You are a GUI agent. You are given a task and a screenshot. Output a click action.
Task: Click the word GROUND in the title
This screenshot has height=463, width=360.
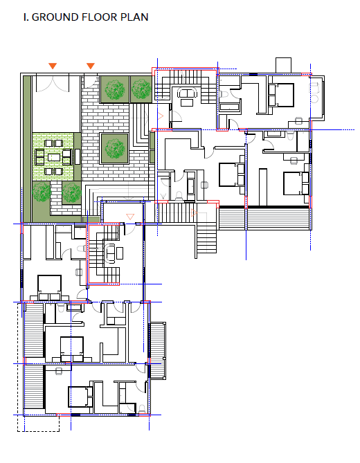(55, 17)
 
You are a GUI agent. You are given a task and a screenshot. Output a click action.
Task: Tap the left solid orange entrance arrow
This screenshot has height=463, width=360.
(53, 66)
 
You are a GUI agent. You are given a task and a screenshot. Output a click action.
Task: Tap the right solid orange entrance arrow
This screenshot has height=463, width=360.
(91, 66)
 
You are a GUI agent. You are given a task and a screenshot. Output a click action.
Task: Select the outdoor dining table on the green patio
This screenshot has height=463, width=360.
(53, 157)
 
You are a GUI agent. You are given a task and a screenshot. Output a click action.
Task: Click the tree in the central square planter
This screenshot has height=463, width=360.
(115, 148)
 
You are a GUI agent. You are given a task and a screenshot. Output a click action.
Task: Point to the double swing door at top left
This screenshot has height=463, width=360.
(53, 84)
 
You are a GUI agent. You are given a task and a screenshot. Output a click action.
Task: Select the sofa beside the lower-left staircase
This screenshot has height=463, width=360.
(111, 253)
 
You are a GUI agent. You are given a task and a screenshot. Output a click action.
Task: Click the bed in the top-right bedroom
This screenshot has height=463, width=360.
(281, 95)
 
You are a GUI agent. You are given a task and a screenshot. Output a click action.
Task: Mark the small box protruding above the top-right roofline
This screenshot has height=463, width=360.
(283, 65)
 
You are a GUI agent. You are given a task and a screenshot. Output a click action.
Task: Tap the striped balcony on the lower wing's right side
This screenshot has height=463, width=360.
(158, 350)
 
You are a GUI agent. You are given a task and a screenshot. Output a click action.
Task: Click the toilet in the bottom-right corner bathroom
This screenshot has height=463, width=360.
(142, 409)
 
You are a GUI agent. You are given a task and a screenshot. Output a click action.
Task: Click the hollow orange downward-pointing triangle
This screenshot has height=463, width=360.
(130, 217)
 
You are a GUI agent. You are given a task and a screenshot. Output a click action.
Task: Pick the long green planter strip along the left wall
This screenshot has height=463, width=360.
(27, 149)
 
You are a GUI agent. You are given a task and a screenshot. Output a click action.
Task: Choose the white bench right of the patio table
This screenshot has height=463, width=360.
(78, 157)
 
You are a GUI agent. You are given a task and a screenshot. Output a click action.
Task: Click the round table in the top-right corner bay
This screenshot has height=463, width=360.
(314, 99)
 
